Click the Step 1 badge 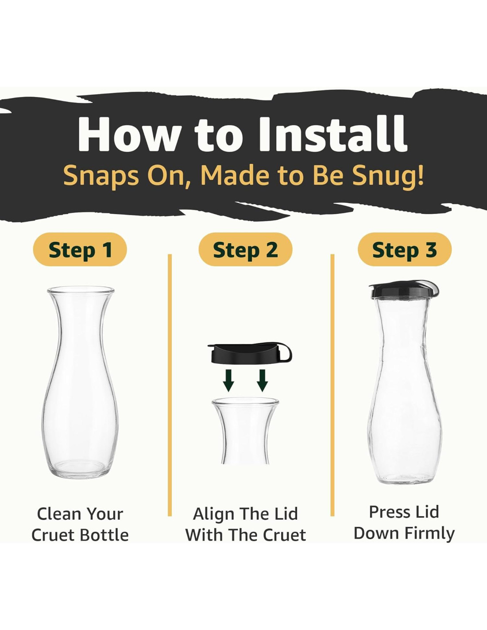point(80,249)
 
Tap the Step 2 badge point(245,249)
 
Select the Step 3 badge point(405,249)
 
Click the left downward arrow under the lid point(228,381)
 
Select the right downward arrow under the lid point(262,381)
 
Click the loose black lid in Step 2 point(250,353)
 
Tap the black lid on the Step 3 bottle point(404,289)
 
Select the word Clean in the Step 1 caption point(58,514)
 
